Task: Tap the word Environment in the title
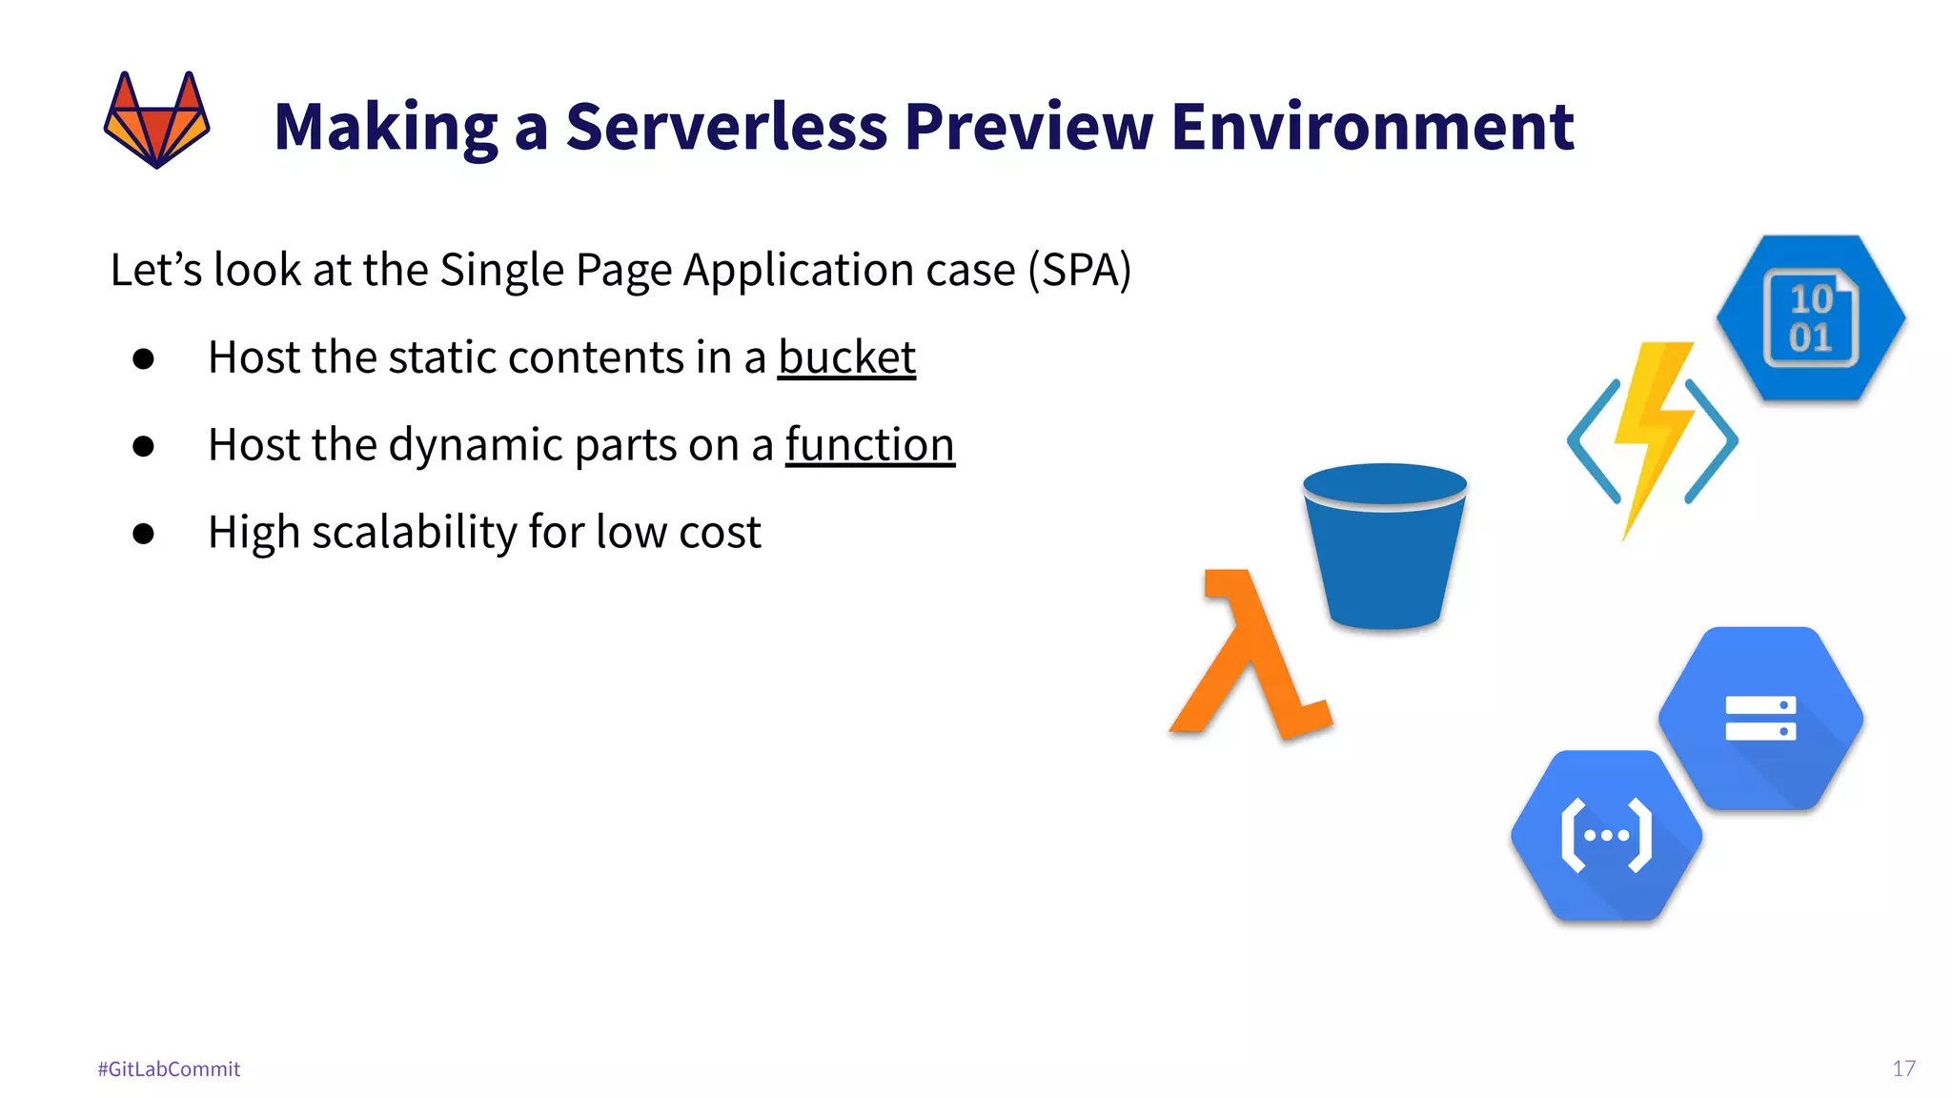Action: (1372, 126)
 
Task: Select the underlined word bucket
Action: (846, 358)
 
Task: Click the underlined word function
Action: (869, 445)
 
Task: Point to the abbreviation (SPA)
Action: (1079, 270)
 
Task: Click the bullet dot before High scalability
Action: (144, 533)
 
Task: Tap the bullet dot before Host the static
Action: (144, 358)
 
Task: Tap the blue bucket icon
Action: (1384, 548)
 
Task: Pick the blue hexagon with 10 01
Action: (1810, 318)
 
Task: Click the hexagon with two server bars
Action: (1760, 719)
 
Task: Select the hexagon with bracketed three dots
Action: (1607, 836)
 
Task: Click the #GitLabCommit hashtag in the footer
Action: (169, 1068)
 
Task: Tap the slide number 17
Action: (1903, 1068)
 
